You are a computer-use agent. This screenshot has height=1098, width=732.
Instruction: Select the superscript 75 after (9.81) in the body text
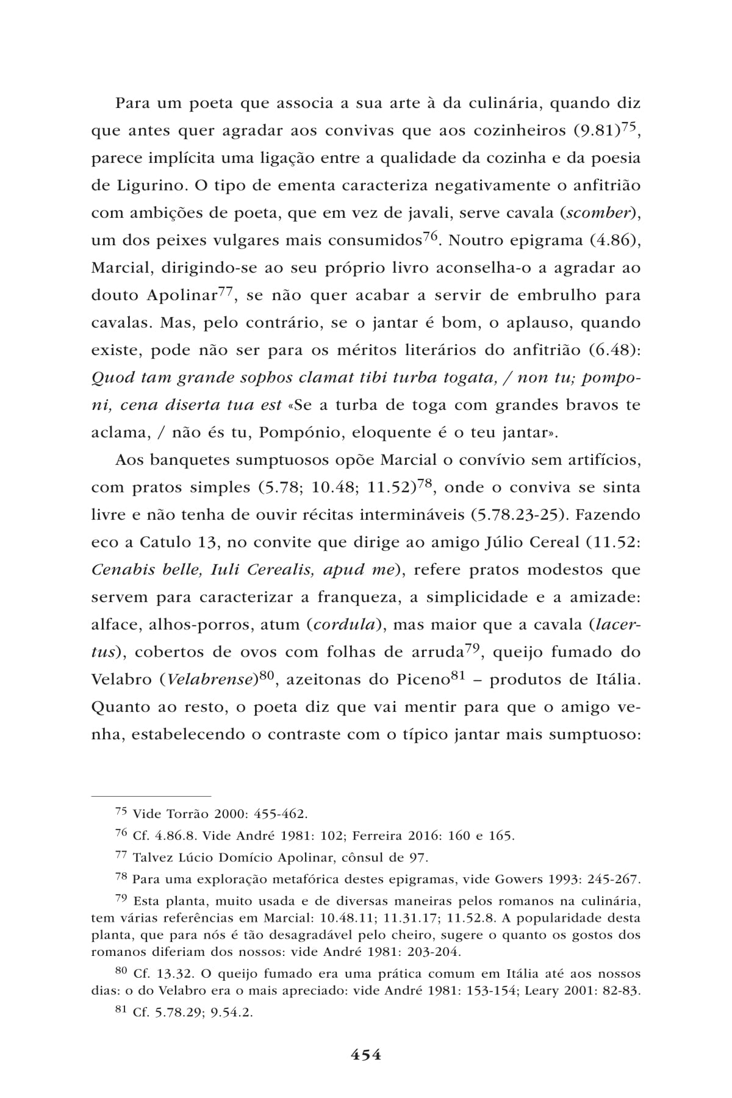pos(630,126)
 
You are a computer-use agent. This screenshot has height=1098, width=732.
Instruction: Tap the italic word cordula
pos(341,625)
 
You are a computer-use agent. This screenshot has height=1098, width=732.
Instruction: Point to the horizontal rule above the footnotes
pos(151,795)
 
